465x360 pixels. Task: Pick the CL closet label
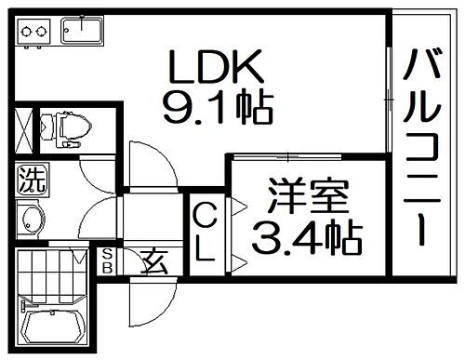coord(205,232)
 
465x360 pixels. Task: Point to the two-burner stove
coord(33,32)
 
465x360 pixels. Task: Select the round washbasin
coord(31,220)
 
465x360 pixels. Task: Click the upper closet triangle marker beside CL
coord(236,203)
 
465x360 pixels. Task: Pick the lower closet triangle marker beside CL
coord(236,261)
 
